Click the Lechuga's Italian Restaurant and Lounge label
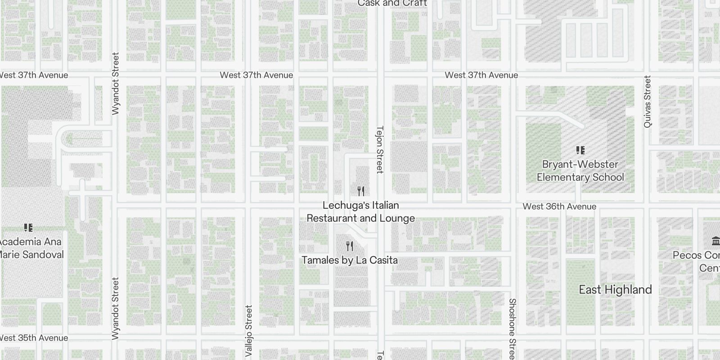pyautogui.click(x=360, y=212)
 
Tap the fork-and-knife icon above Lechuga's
pyautogui.click(x=360, y=191)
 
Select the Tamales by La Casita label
pyautogui.click(x=350, y=260)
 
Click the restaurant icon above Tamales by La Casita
pyautogui.click(x=350, y=246)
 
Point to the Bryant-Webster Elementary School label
pyautogui.click(x=580, y=171)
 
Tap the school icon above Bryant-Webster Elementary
pyautogui.click(x=580, y=150)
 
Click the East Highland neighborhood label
pyautogui.click(x=615, y=289)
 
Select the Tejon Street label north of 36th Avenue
pyautogui.click(x=379, y=149)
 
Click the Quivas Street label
pyautogui.click(x=647, y=102)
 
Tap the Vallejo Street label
pyautogui.click(x=249, y=331)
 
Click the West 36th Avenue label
pyautogui.click(x=559, y=207)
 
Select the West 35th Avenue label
pyautogui.click(x=34, y=338)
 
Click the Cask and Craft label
pyautogui.click(x=392, y=4)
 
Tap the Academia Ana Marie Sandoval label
pyautogui.click(x=31, y=248)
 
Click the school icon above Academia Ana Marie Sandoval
pyautogui.click(x=28, y=228)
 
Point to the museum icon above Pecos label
pyautogui.click(x=715, y=241)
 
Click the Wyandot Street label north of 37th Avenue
pyautogui.click(x=115, y=84)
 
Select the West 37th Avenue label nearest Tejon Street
pyautogui.click(x=256, y=75)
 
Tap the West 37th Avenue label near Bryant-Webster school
pyautogui.click(x=481, y=75)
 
